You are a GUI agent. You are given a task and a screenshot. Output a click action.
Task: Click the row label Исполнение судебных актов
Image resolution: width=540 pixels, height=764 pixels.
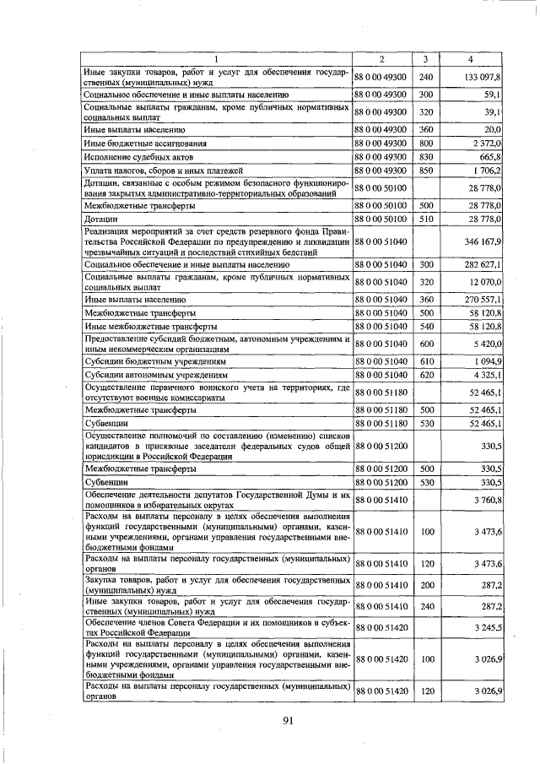pos(134,157)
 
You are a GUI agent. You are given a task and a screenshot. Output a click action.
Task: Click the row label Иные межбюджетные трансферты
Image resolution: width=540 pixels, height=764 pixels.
pos(151,325)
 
